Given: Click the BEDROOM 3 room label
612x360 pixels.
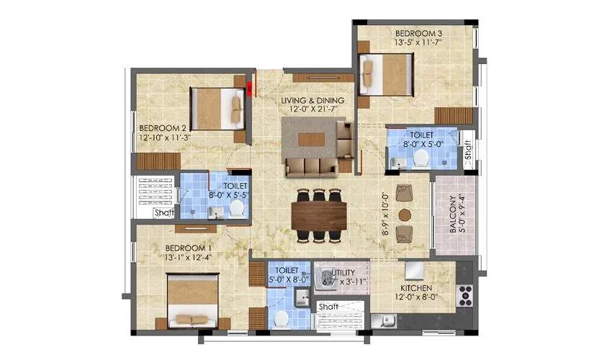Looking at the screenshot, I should (418, 33).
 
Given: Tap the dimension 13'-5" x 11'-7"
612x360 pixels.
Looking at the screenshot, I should (418, 43).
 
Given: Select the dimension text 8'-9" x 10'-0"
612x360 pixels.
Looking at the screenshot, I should (387, 213).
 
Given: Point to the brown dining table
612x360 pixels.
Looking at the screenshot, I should (319, 214).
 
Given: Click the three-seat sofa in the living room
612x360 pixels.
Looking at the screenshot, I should (311, 167).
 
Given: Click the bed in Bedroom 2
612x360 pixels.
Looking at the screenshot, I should (217, 109).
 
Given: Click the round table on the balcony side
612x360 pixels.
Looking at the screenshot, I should (405, 214).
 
